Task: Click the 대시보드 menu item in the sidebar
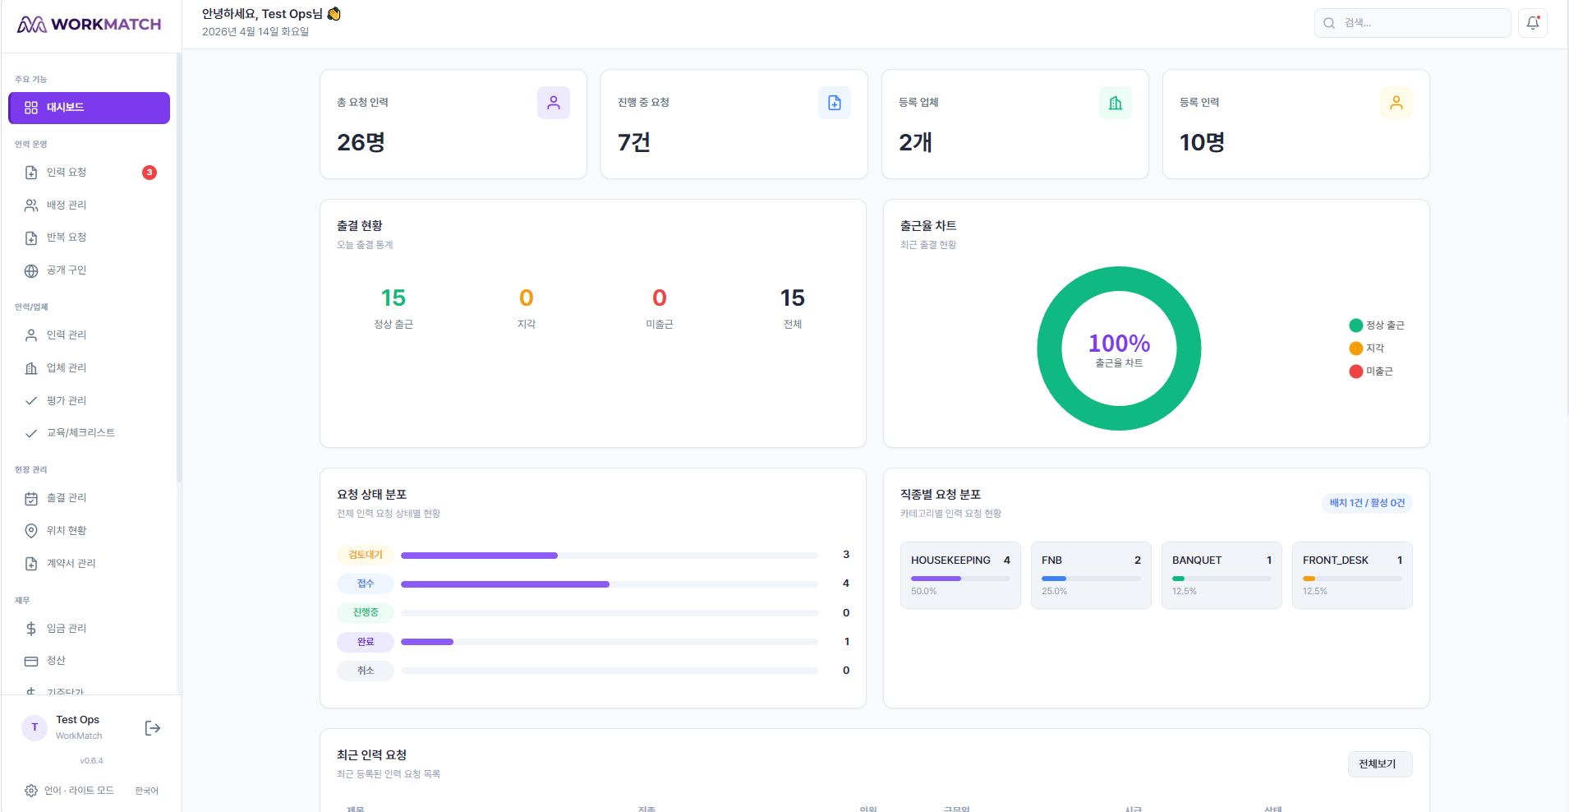coord(89,108)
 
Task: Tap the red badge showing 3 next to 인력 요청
coord(150,173)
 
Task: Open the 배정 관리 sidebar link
coord(67,205)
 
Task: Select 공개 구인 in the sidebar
coord(67,270)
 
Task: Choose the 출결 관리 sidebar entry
coord(67,498)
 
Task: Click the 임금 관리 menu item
coord(67,629)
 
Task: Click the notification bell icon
coord(1533,23)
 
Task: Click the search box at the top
coord(1413,23)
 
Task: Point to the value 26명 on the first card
coord(361,143)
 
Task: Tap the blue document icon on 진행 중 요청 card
coord(835,103)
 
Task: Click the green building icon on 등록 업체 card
coord(1116,103)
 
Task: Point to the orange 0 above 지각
coord(527,298)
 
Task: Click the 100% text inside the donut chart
coord(1119,343)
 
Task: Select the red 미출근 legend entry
coord(1372,371)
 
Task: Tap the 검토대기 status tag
coord(366,555)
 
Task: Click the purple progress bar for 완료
coord(427,642)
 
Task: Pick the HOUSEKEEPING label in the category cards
coord(950,561)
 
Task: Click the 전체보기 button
coord(1378,764)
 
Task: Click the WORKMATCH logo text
coord(106,25)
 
